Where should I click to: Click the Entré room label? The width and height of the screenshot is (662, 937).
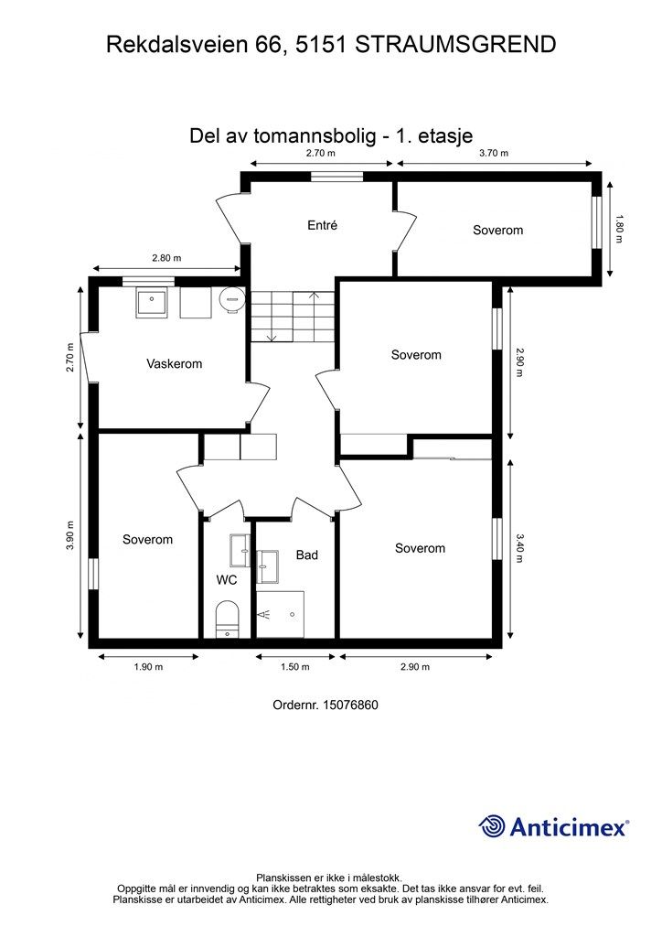click(x=322, y=225)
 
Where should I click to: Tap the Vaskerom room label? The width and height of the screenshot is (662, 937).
click(x=174, y=363)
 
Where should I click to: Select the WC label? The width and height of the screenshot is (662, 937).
click(x=227, y=579)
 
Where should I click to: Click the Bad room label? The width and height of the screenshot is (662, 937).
click(x=306, y=555)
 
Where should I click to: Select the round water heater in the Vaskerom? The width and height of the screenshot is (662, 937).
click(x=232, y=296)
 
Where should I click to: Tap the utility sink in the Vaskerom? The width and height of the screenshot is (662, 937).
click(x=150, y=303)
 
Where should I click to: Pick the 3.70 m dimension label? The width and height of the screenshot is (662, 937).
click(x=494, y=154)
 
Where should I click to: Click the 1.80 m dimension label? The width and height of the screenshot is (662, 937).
click(x=619, y=228)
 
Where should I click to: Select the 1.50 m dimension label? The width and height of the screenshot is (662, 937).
click(x=294, y=667)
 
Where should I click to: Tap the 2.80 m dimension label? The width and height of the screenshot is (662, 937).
click(x=165, y=258)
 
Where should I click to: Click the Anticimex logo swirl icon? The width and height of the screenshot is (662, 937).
click(x=492, y=826)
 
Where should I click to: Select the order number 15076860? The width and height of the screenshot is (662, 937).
click(x=350, y=705)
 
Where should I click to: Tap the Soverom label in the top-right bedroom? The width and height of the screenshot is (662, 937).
click(x=497, y=230)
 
